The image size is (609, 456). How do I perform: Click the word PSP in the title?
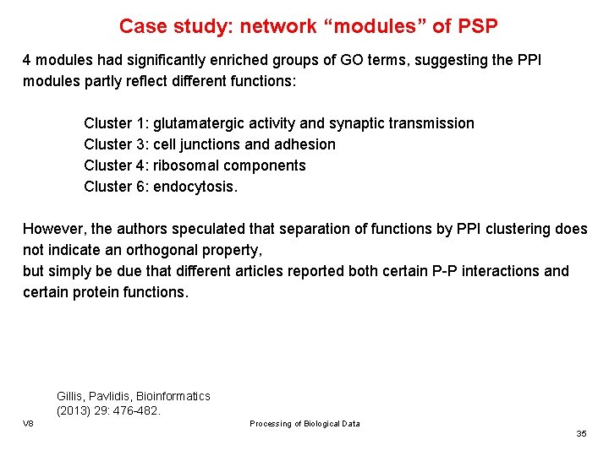476,26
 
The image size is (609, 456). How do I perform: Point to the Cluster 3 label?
116,144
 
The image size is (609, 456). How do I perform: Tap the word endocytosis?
195,187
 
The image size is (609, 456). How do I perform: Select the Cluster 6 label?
116,187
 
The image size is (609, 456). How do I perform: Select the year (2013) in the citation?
74,411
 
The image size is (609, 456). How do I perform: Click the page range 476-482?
136,411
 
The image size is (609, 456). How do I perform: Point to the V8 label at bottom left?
29,423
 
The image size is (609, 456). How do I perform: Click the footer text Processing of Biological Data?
304,424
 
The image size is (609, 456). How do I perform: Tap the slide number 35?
581,433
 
